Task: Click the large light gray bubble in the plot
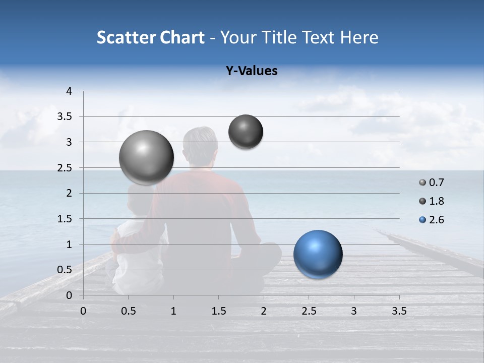tap(147, 157)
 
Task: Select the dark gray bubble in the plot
tap(246, 132)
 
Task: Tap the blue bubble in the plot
tap(318, 254)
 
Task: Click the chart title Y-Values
tap(252, 71)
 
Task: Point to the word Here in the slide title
tap(359, 37)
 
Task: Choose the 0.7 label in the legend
tap(436, 183)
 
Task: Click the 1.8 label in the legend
tap(436, 201)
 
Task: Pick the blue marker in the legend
tap(422, 220)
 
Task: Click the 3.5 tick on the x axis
tap(399, 311)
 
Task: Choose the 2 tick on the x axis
tap(264, 311)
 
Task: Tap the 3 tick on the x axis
tap(354, 311)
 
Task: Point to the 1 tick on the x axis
tap(173, 311)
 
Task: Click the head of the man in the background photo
tap(200, 144)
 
